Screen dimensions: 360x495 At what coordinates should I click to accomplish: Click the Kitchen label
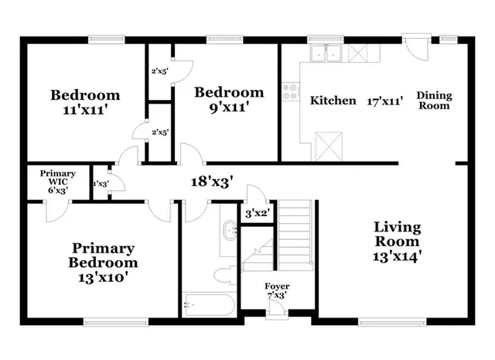(333, 101)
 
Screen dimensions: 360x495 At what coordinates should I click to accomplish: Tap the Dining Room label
(434, 101)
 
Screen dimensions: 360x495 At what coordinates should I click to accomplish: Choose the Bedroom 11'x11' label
(85, 102)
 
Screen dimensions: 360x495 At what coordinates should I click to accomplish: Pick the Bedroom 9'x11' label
(228, 100)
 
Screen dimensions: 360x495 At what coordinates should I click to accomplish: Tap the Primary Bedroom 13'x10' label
(104, 261)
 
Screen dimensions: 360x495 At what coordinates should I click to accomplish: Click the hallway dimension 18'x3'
(213, 183)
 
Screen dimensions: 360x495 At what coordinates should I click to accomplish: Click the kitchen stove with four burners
(291, 92)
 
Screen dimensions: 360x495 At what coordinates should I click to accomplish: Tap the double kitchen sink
(325, 53)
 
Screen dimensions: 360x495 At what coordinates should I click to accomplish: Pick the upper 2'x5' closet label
(159, 72)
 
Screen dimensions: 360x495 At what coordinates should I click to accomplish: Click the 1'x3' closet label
(100, 183)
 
